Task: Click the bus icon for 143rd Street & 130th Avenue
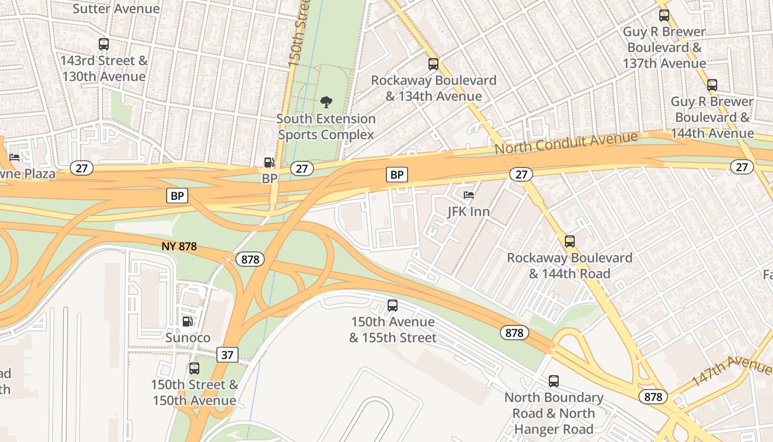click(103, 44)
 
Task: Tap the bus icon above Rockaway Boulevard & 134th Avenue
click(433, 64)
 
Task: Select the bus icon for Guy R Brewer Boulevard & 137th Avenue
click(664, 15)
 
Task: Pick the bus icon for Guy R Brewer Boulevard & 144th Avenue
click(712, 85)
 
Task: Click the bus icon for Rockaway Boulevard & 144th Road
click(570, 241)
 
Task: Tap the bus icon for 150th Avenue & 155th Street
click(393, 305)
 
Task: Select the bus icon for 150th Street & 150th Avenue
click(194, 369)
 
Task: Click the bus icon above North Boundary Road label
click(554, 381)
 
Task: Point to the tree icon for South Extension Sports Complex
click(326, 102)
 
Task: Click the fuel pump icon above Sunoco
click(188, 321)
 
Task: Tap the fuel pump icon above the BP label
click(269, 162)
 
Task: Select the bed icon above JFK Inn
click(469, 195)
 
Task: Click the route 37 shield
click(227, 355)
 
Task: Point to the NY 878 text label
click(179, 246)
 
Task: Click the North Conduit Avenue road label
click(566, 143)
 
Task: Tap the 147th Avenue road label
click(731, 370)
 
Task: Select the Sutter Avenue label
click(116, 9)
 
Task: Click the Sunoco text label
click(188, 337)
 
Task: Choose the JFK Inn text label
click(469, 211)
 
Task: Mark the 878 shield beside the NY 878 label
click(250, 259)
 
